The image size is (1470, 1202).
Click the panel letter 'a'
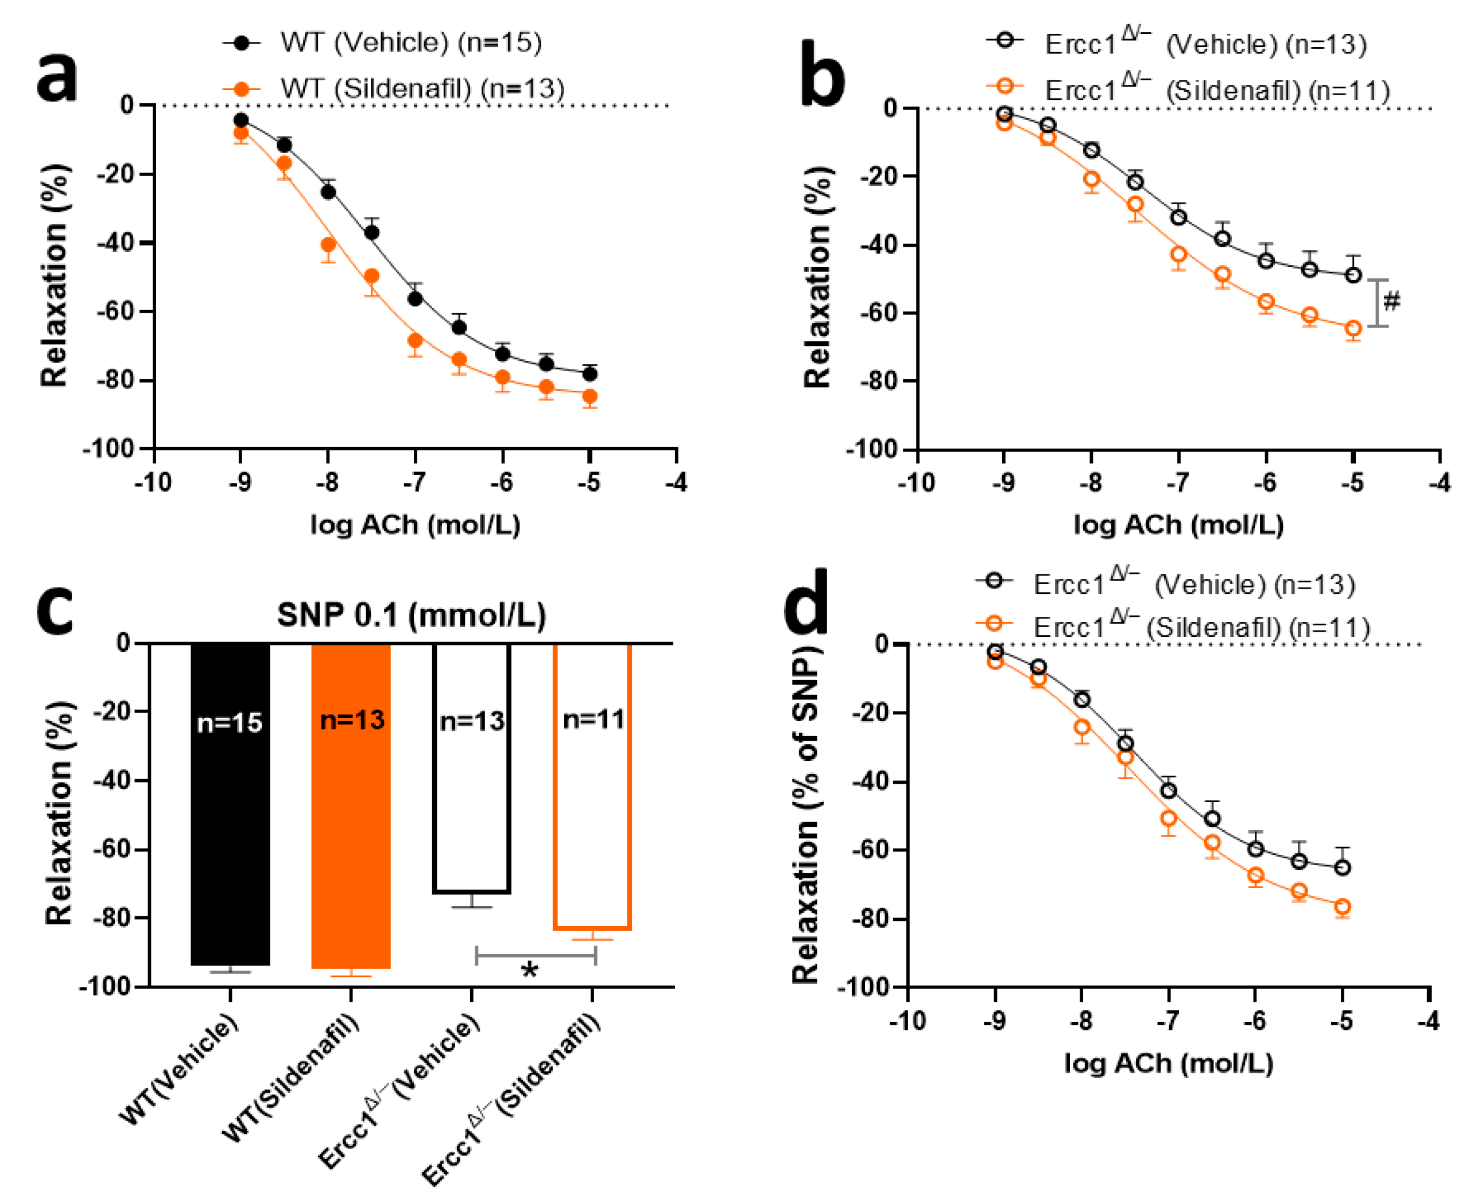(57, 77)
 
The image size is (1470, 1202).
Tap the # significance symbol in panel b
(1391, 302)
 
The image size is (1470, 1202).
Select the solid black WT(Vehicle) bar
(230, 803)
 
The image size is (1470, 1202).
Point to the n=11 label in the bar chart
(593, 719)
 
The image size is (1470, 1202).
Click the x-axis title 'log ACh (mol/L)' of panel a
(415, 526)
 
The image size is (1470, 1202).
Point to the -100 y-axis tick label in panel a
(108, 449)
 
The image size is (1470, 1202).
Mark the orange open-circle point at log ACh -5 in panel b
(1353, 329)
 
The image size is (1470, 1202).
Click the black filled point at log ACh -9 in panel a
(241, 120)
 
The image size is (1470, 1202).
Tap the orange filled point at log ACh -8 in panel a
(328, 244)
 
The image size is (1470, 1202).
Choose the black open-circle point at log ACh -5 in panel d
(1343, 868)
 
